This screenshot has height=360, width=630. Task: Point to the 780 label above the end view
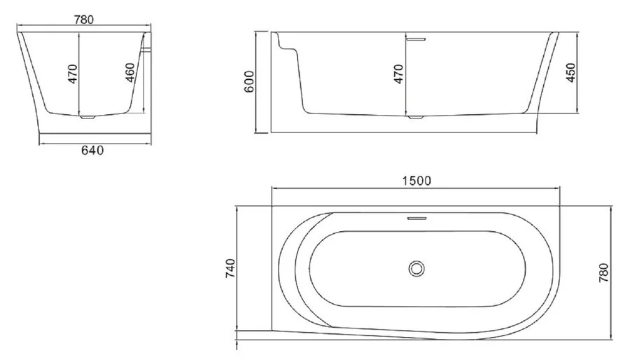click(84, 20)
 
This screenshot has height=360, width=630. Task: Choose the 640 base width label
click(92, 151)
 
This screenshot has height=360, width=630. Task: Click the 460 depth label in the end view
click(130, 72)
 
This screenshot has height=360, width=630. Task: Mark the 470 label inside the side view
click(398, 74)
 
